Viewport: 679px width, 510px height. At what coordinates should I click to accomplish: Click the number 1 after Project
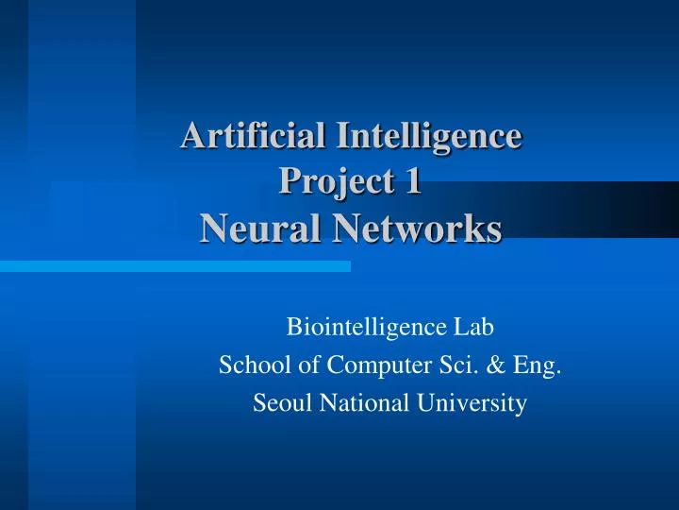pyautogui.click(x=412, y=181)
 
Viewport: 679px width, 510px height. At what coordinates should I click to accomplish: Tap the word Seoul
pyautogui.click(x=280, y=403)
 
